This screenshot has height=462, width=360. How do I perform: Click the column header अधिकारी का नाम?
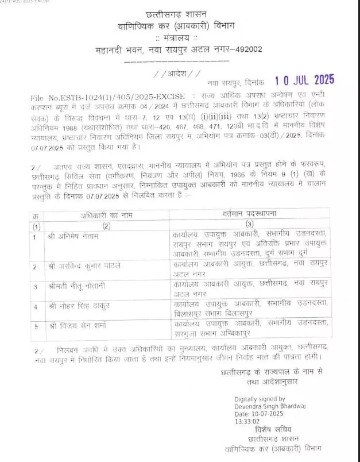point(106,214)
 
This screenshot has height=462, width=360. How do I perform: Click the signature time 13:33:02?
point(247,421)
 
